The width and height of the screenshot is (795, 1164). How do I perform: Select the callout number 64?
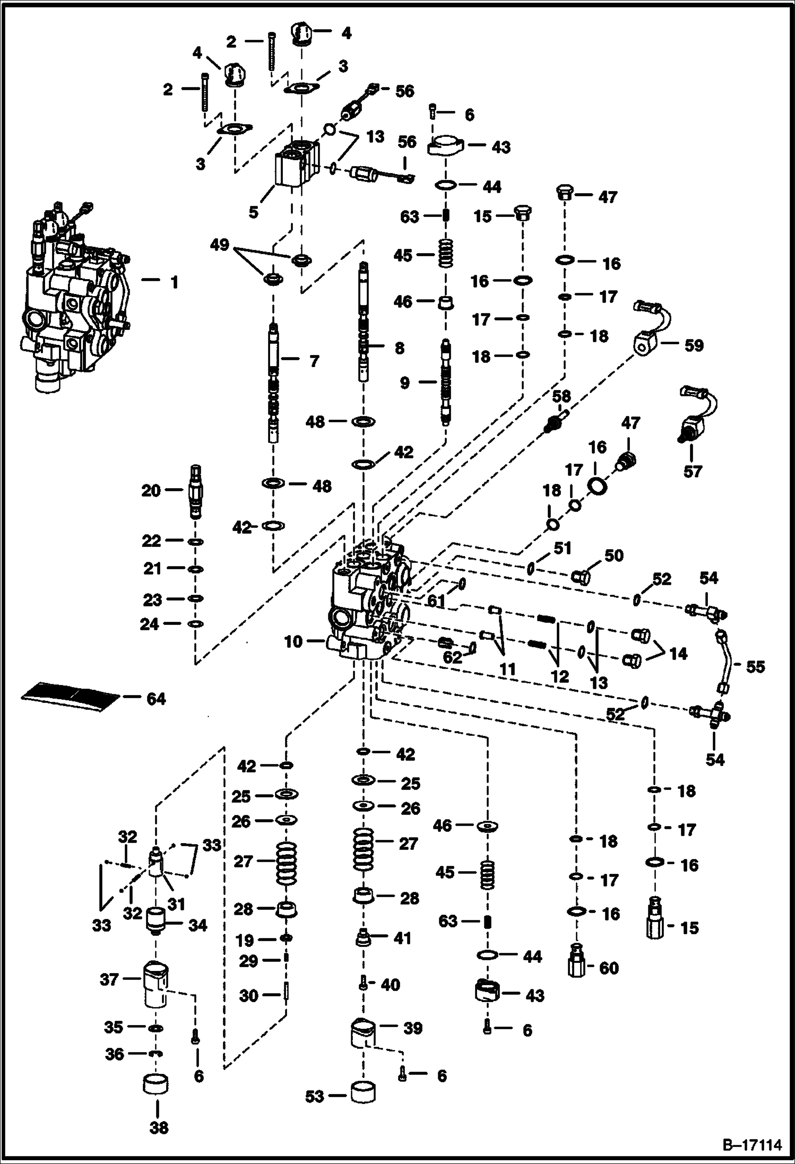[x=155, y=699]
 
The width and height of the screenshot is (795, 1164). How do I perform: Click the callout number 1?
[x=174, y=282]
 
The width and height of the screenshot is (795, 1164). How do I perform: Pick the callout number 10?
[x=293, y=641]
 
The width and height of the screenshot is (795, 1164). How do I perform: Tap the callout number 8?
[x=399, y=348]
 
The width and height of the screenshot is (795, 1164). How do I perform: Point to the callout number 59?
[x=694, y=345]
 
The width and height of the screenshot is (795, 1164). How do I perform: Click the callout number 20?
[x=151, y=491]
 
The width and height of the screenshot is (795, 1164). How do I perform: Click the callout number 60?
[x=609, y=968]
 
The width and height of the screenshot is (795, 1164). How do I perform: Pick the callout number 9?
[x=404, y=383]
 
